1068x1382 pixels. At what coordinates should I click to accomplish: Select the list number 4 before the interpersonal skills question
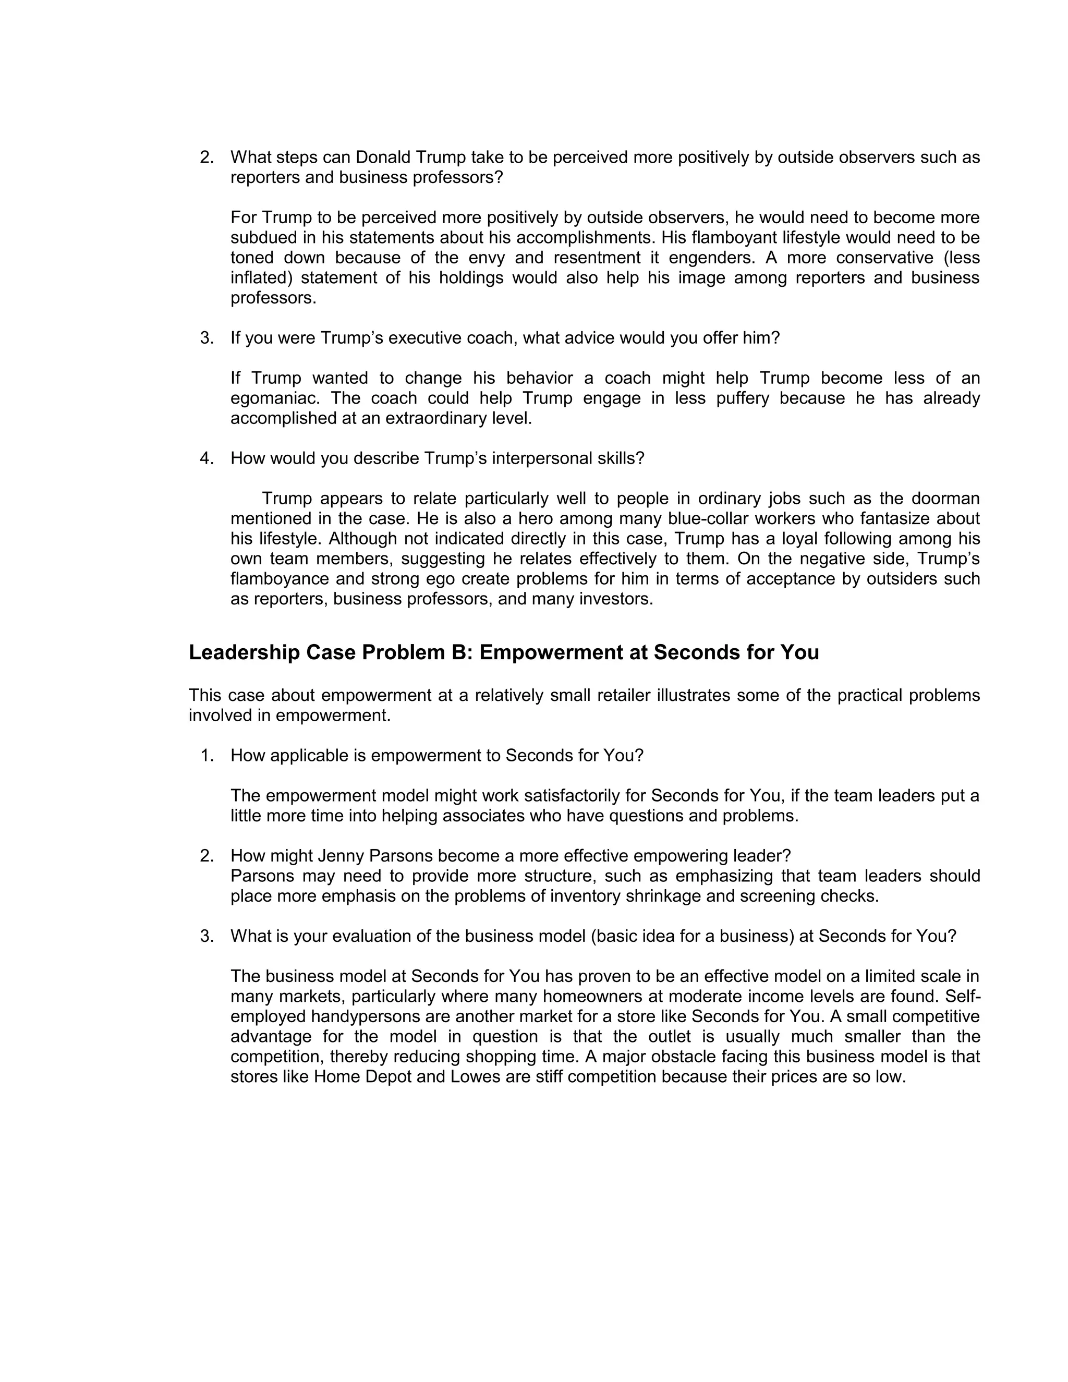click(207, 458)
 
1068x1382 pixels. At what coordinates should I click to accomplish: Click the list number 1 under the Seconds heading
click(207, 756)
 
